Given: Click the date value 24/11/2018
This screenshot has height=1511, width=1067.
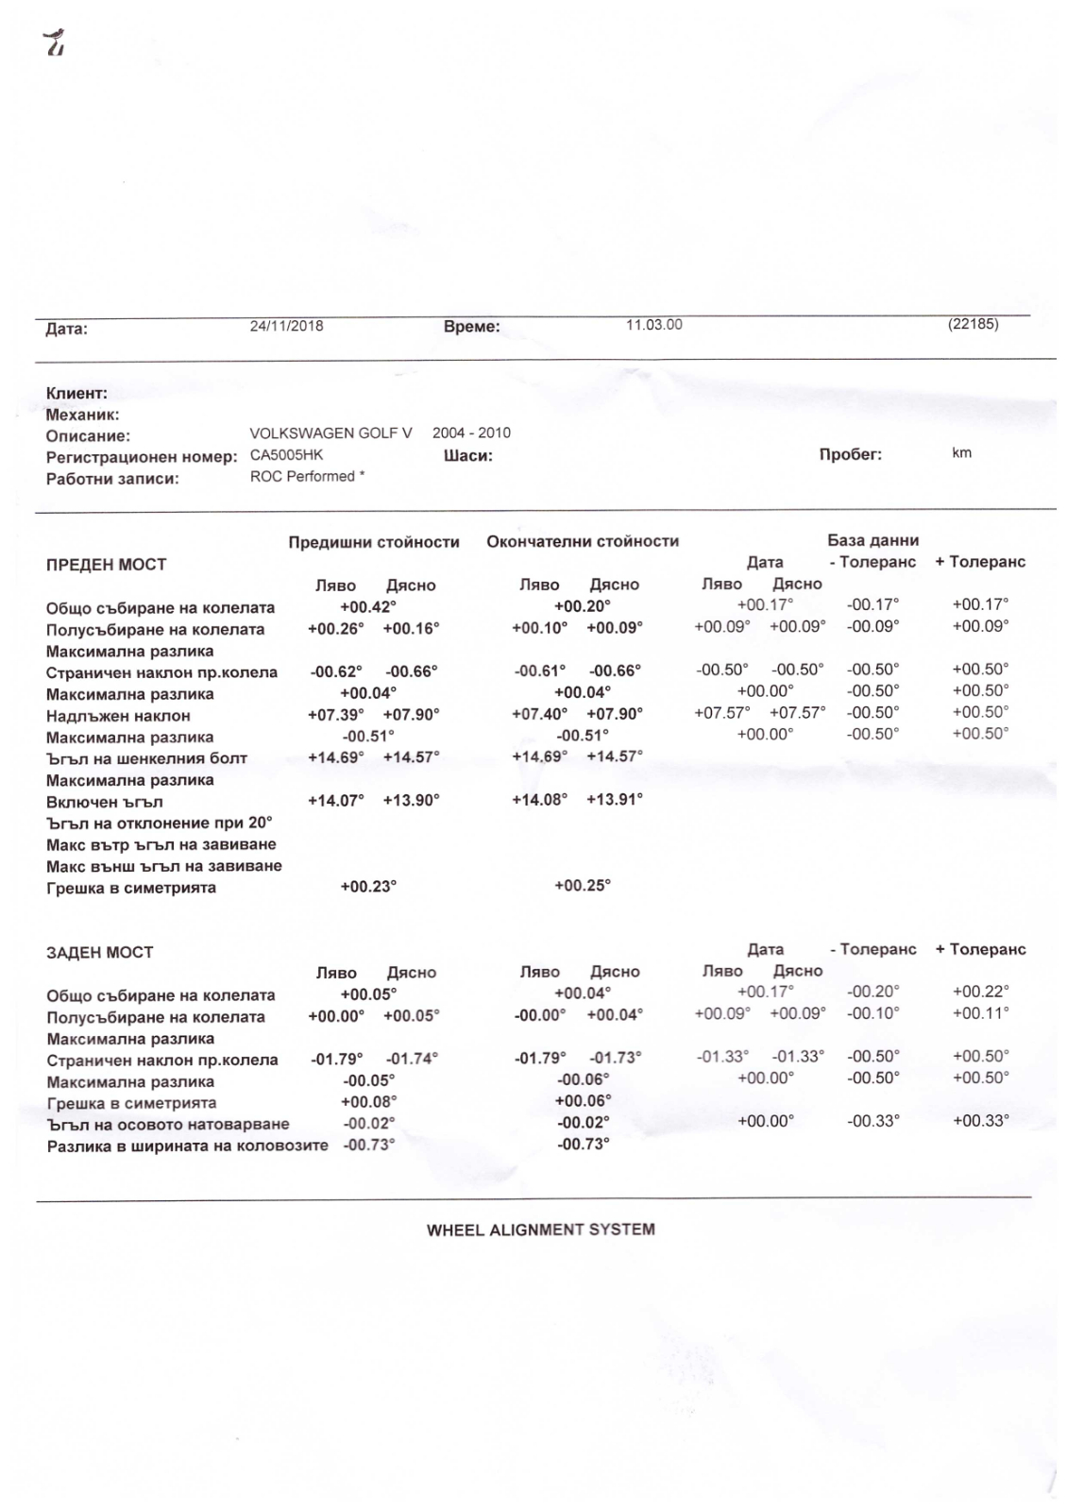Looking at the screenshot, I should coord(286,326).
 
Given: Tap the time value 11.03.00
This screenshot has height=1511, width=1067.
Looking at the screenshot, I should coord(653,325).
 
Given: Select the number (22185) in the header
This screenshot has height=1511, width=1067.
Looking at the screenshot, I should coord(973,324).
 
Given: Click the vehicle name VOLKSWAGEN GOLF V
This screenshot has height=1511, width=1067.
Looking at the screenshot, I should coord(330,433).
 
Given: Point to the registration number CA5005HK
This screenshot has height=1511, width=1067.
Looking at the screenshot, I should coord(286,454).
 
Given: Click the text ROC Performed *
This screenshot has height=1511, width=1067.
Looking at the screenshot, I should coord(307,476).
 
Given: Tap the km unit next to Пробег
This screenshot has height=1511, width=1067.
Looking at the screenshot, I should coord(961,453).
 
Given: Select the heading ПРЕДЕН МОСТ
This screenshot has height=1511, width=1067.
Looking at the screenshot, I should coord(106,565).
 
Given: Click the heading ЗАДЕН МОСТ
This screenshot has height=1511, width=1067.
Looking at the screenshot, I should coord(99,952).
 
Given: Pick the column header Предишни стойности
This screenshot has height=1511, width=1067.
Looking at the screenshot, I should coord(374,542).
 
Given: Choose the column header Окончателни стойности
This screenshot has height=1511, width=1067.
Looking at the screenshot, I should coord(583,541).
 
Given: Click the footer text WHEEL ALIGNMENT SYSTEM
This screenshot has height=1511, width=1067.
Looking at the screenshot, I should coord(540,1230).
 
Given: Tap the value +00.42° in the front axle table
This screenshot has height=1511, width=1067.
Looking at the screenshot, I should coord(368,607).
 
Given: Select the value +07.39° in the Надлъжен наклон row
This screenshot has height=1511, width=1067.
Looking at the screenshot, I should coord(336,715).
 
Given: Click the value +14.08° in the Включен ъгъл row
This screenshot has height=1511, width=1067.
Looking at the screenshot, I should coord(540,799).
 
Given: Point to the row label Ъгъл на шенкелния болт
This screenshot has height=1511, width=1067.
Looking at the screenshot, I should coord(146,758).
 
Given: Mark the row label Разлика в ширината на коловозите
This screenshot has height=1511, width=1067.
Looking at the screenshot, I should coord(187,1146).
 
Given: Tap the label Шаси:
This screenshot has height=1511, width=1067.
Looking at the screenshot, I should coord(467,456).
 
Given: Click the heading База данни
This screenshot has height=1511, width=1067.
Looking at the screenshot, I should coord(872,540).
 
